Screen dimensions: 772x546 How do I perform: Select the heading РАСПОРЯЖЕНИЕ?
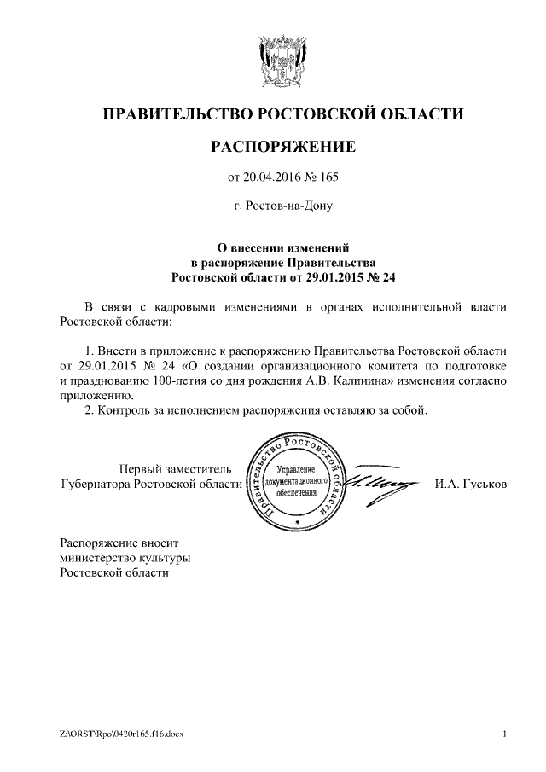click(x=282, y=148)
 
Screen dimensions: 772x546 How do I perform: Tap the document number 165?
click(x=329, y=177)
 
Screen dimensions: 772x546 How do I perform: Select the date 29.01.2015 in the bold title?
click(x=337, y=277)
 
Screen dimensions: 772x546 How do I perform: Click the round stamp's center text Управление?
click(x=296, y=471)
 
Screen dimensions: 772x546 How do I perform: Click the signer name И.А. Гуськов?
click(x=471, y=484)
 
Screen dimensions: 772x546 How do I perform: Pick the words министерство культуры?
click(x=125, y=557)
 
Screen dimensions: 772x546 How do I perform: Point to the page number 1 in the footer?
click(x=505, y=734)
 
